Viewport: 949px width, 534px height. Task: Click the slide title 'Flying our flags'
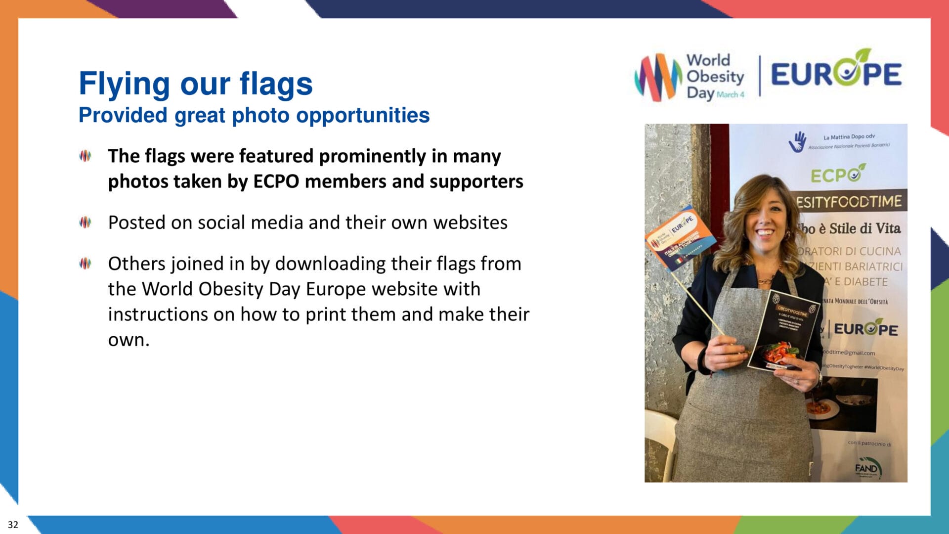coord(195,83)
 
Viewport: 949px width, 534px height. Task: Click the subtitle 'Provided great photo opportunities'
coord(254,115)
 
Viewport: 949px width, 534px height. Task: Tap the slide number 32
coord(13,525)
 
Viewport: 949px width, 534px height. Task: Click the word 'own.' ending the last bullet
coord(129,340)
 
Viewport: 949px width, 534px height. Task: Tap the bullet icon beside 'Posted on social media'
coord(85,222)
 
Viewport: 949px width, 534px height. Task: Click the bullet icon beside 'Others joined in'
coord(85,264)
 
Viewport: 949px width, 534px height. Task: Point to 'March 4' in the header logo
coord(730,94)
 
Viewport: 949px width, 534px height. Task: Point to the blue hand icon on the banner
coord(797,142)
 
